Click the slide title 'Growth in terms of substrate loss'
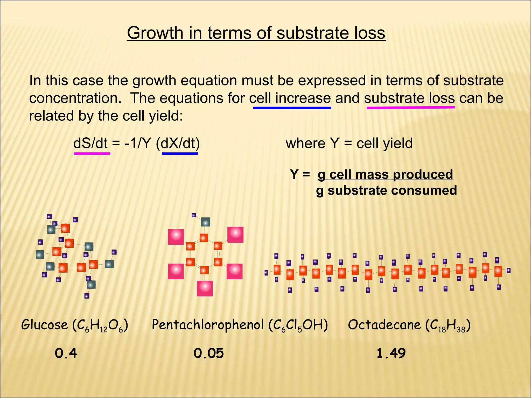click(x=256, y=33)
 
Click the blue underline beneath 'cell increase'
click(x=292, y=108)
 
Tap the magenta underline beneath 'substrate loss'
click(x=411, y=107)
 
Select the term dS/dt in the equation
click(x=90, y=143)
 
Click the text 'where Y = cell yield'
click(x=349, y=143)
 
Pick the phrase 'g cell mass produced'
click(x=385, y=174)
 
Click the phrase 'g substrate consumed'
click(x=386, y=190)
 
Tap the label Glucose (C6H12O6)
click(x=75, y=325)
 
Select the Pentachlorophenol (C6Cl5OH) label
click(x=240, y=325)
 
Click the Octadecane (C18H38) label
click(x=409, y=325)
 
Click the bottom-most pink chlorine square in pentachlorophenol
click(x=205, y=288)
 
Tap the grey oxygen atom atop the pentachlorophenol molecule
click(x=205, y=222)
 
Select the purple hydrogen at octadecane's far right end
click(x=508, y=271)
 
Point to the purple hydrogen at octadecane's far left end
click(x=266, y=273)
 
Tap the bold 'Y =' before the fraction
click(x=300, y=174)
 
